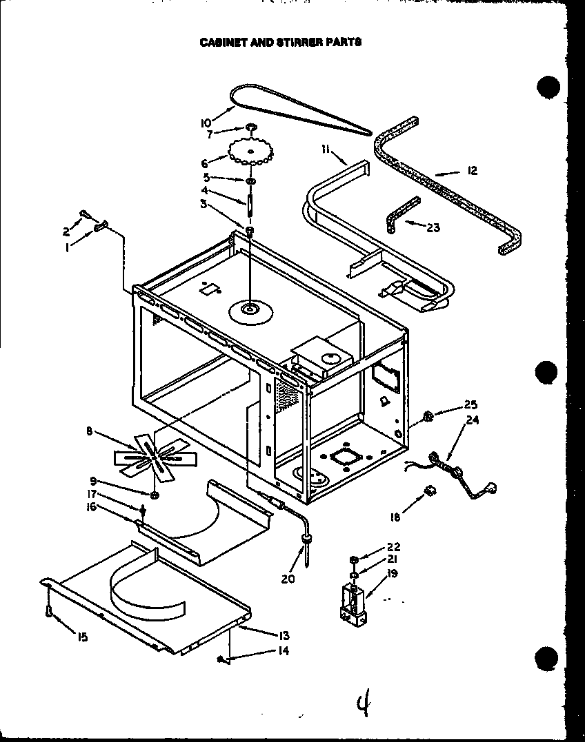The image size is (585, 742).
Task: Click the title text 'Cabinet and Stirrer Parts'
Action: point(280,41)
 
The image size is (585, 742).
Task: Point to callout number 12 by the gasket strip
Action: point(472,171)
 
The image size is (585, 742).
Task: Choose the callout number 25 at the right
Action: point(471,404)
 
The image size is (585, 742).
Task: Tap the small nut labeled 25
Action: point(428,415)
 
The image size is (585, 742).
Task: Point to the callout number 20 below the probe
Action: point(288,579)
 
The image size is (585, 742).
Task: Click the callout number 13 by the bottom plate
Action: point(284,635)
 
